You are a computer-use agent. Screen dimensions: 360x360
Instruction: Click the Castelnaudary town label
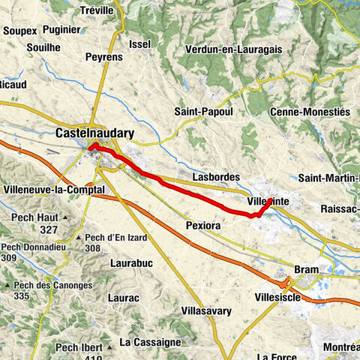click(94, 133)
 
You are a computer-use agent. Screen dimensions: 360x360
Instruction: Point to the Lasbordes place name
click(216, 177)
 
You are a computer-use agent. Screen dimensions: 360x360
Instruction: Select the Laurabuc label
click(132, 264)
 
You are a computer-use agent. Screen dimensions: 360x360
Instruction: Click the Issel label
click(140, 44)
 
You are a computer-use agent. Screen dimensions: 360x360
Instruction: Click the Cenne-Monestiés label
click(309, 112)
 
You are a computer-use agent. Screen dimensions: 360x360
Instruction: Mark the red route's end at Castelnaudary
click(93, 145)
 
